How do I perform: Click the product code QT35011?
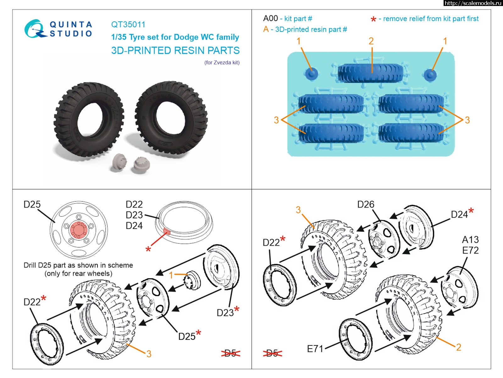pos(128,25)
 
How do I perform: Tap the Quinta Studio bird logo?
pos(34,29)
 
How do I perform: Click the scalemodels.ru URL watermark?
pos(473,3)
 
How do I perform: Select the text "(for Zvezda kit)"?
pos(222,62)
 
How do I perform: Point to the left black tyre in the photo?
pos(89,120)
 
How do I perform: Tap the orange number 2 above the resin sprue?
pos(371,41)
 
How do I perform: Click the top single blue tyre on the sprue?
pos(371,73)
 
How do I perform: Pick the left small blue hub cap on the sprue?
pos(312,74)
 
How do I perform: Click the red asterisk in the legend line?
pos(373,20)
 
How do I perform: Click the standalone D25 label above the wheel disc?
pos(32,204)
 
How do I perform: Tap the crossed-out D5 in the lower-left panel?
pos(230,353)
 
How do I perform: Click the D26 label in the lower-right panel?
pos(366,204)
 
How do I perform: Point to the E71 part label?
pos(315,349)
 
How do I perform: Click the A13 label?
pos(470,240)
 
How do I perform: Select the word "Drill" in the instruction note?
pos(30,265)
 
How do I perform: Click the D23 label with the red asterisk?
pos(225,312)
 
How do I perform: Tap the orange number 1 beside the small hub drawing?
pos(171,275)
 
